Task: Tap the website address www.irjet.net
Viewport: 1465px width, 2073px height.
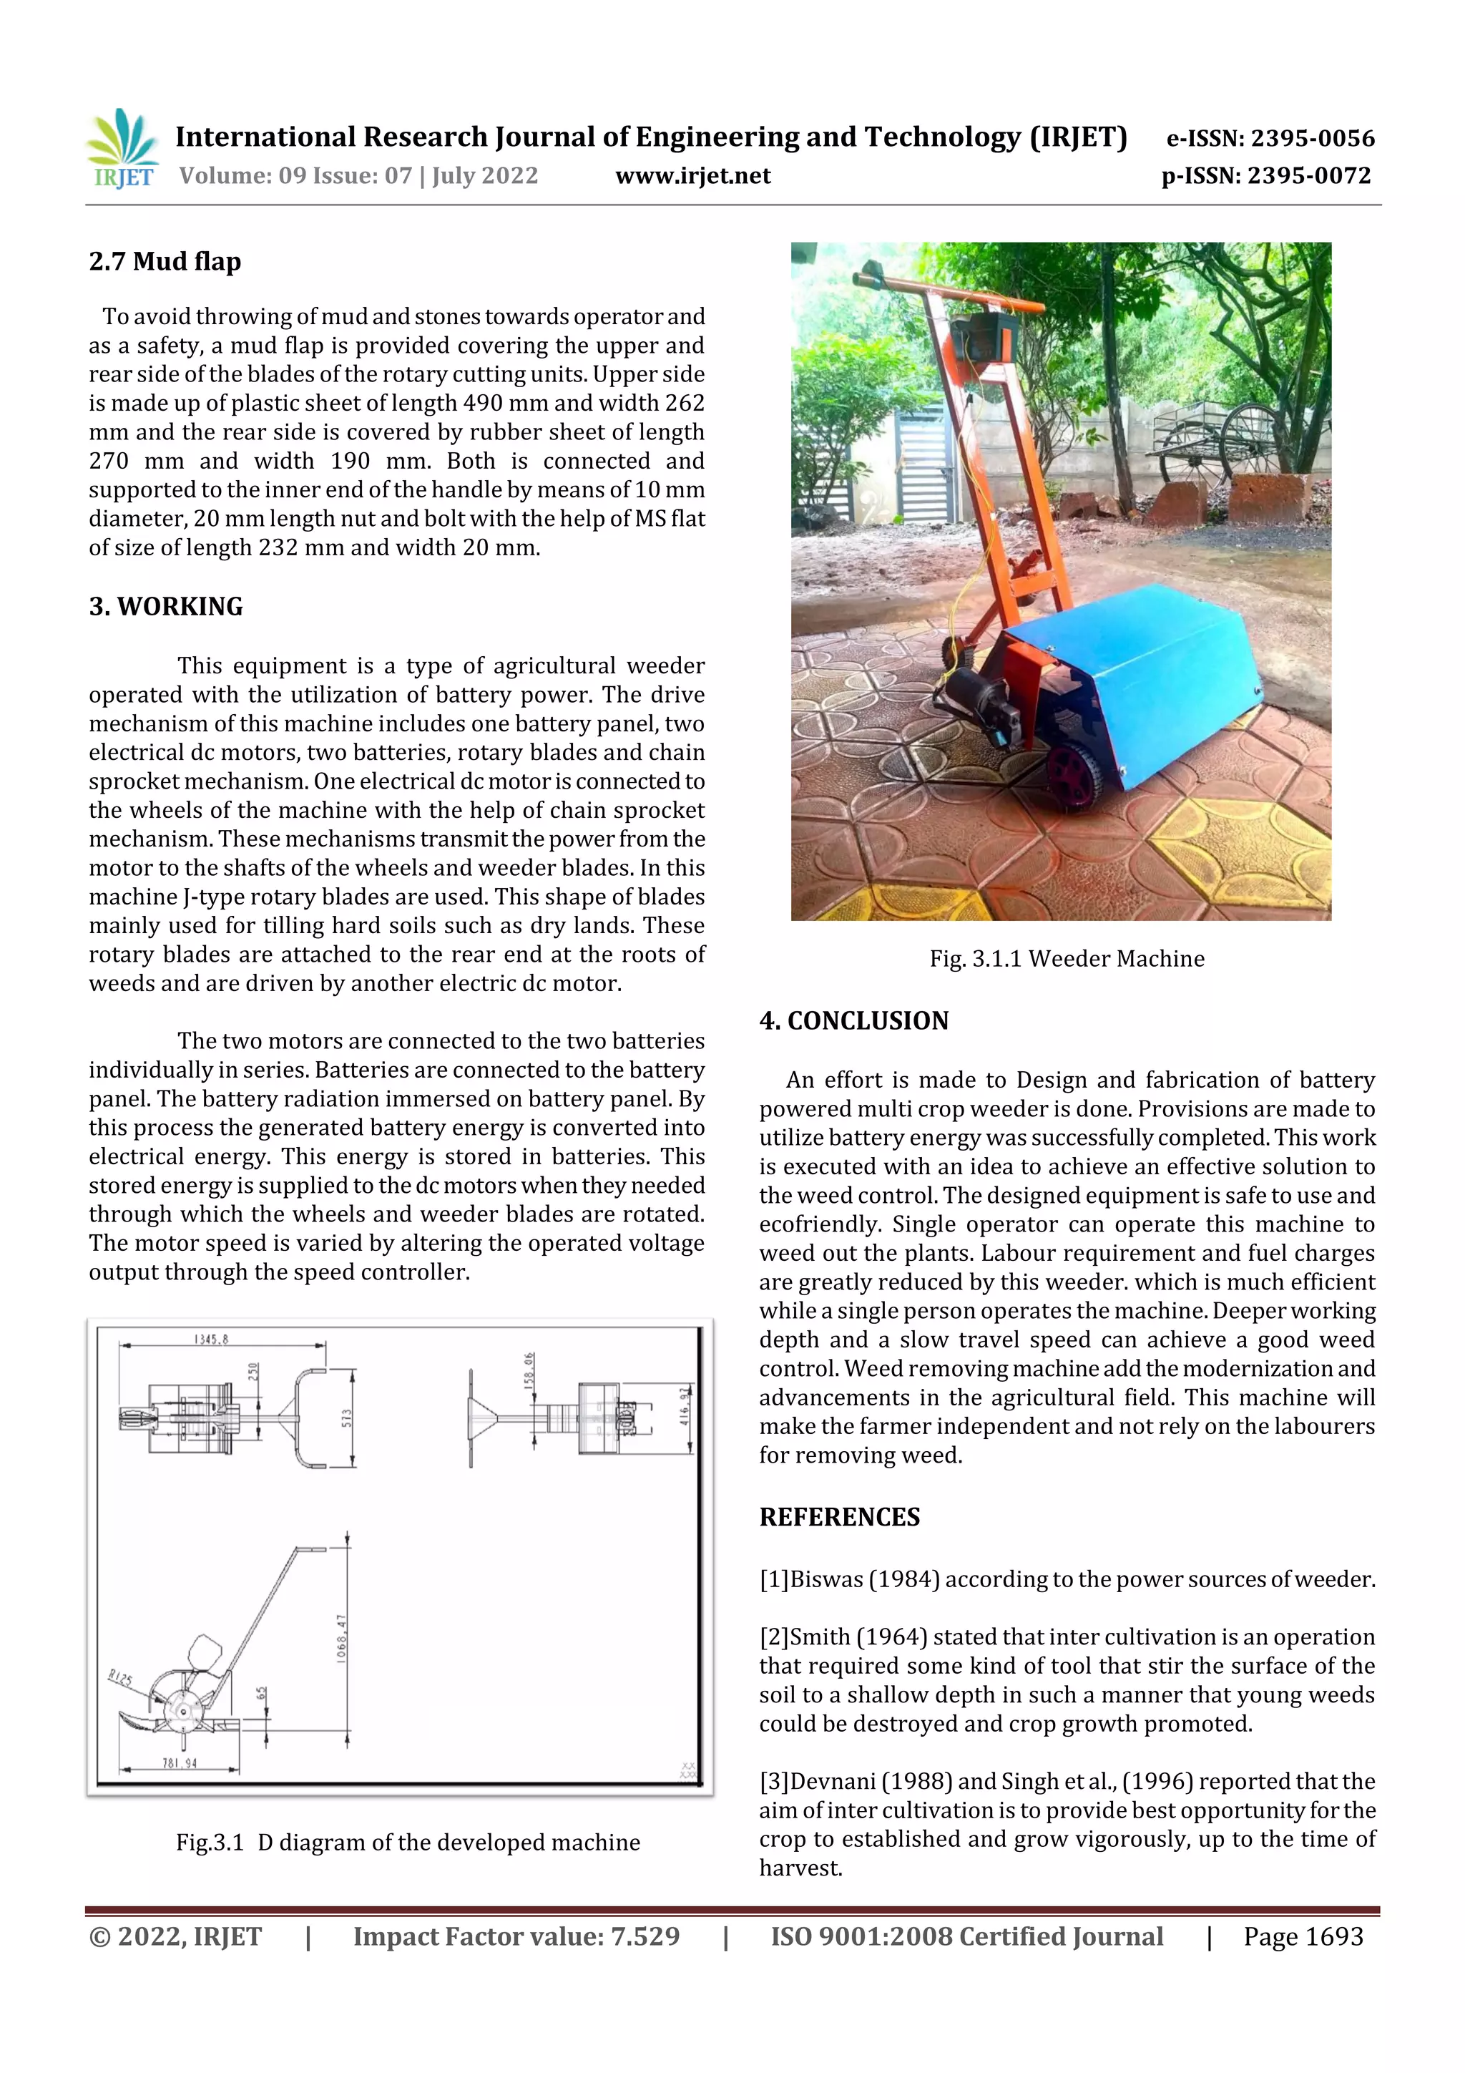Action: [692, 176]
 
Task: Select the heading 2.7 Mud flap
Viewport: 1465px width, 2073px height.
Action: [165, 262]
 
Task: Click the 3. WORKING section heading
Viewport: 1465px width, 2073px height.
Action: [166, 607]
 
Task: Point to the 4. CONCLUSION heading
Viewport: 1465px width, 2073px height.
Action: [854, 1021]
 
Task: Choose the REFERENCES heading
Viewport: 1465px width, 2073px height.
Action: [840, 1518]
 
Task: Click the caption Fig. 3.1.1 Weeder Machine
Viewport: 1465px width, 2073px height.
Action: [1067, 959]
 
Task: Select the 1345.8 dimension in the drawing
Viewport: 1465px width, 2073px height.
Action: [211, 1340]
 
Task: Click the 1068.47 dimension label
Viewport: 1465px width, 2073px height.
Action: [341, 1639]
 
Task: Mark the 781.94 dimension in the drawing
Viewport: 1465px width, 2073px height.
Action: [180, 1763]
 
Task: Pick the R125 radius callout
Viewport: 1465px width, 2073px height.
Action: [120, 1679]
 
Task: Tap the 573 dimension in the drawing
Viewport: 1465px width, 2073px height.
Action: [347, 1418]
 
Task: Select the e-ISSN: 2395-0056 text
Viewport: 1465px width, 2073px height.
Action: [1270, 138]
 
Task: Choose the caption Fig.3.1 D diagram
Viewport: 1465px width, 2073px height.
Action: [408, 1843]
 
